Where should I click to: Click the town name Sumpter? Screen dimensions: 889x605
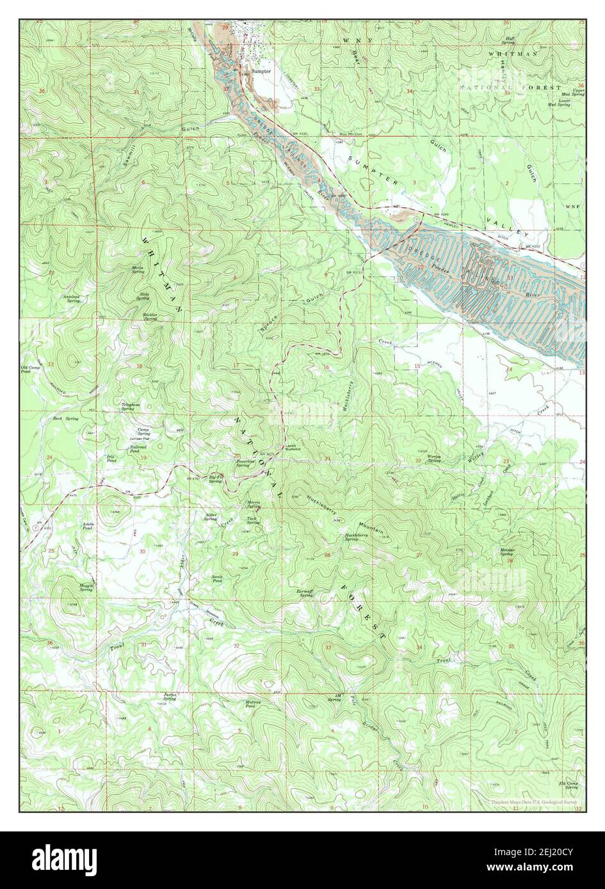click(261, 72)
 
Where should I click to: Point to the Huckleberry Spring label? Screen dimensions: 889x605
click(360, 537)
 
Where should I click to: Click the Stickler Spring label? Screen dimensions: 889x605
click(150, 317)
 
